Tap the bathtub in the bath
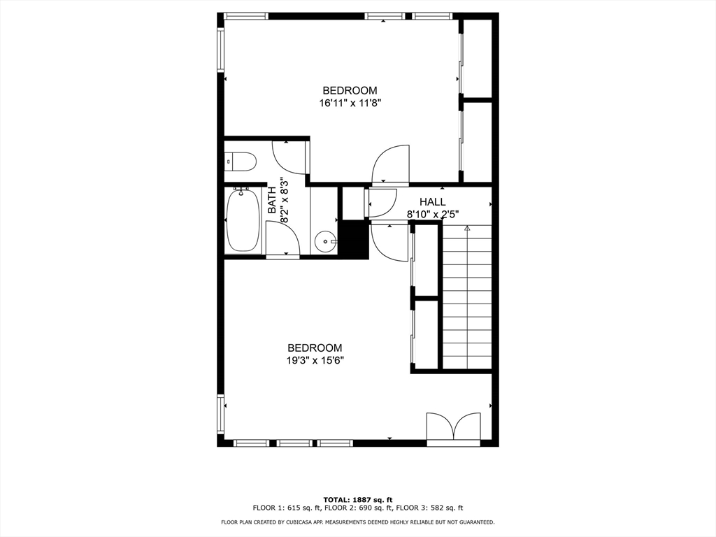point(243,220)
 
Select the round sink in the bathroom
point(325,242)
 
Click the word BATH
point(273,199)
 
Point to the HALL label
point(432,202)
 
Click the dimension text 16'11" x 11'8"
point(350,102)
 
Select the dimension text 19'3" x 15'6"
point(315,361)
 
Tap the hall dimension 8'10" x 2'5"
point(433,214)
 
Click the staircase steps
point(467,301)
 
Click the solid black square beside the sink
point(354,240)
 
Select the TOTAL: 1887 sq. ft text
point(358,499)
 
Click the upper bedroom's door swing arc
point(390,164)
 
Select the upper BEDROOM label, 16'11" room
point(350,90)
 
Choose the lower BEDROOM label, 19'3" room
point(315,348)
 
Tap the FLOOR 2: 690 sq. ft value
point(358,508)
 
